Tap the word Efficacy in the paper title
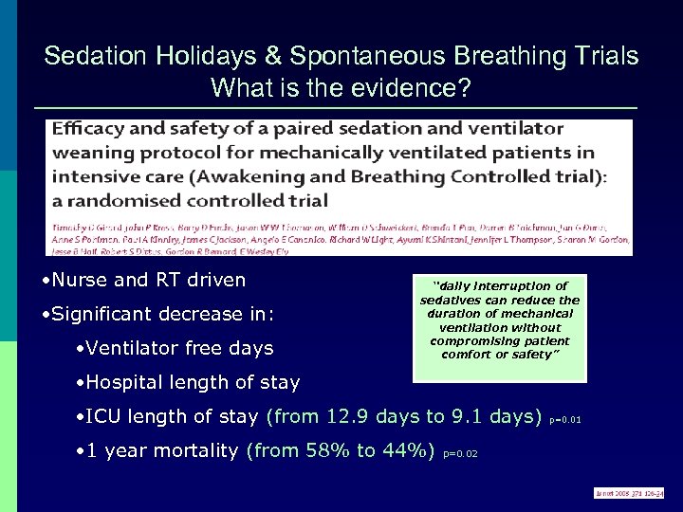pos(88,127)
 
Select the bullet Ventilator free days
pos(175,348)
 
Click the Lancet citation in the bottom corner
pos(628,493)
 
